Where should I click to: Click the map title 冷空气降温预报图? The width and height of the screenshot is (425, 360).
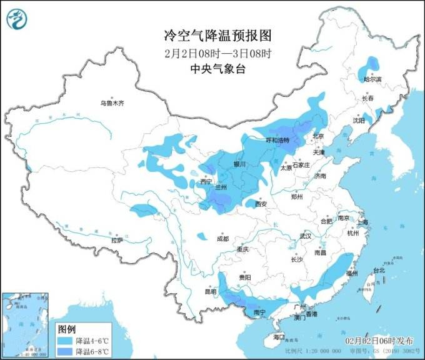pos(212,35)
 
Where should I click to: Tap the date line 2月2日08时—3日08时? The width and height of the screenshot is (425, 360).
pos(212,53)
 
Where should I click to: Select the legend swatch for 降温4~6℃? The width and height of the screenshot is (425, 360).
pos(65,341)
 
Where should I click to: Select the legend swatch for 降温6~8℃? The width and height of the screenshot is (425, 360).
pos(65,351)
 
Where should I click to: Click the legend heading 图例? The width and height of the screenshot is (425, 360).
pos(66,329)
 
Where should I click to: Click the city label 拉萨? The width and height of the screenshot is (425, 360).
pos(117,240)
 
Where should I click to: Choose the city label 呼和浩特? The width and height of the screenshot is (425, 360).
pos(278,141)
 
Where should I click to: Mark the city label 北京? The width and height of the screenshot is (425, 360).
pos(319,136)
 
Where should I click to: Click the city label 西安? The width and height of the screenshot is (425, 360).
pos(262,204)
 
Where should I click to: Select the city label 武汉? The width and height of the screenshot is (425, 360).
pos(306,236)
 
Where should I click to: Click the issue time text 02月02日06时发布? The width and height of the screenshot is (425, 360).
pos(379,341)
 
